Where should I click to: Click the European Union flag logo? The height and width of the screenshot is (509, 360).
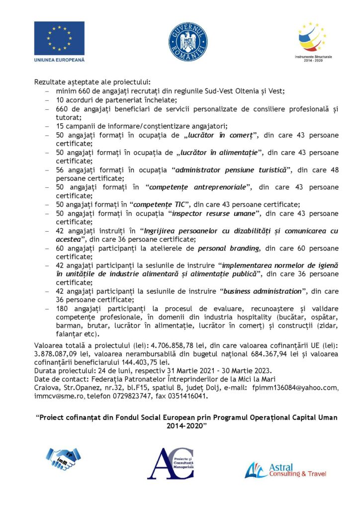pyautogui.click(x=59, y=38)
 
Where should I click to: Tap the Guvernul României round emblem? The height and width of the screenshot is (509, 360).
pyautogui.click(x=181, y=42)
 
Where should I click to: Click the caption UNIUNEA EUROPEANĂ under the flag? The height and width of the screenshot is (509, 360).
pyautogui.click(x=59, y=60)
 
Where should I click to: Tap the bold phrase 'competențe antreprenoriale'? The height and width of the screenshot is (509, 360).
pyautogui.click(x=201, y=187)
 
